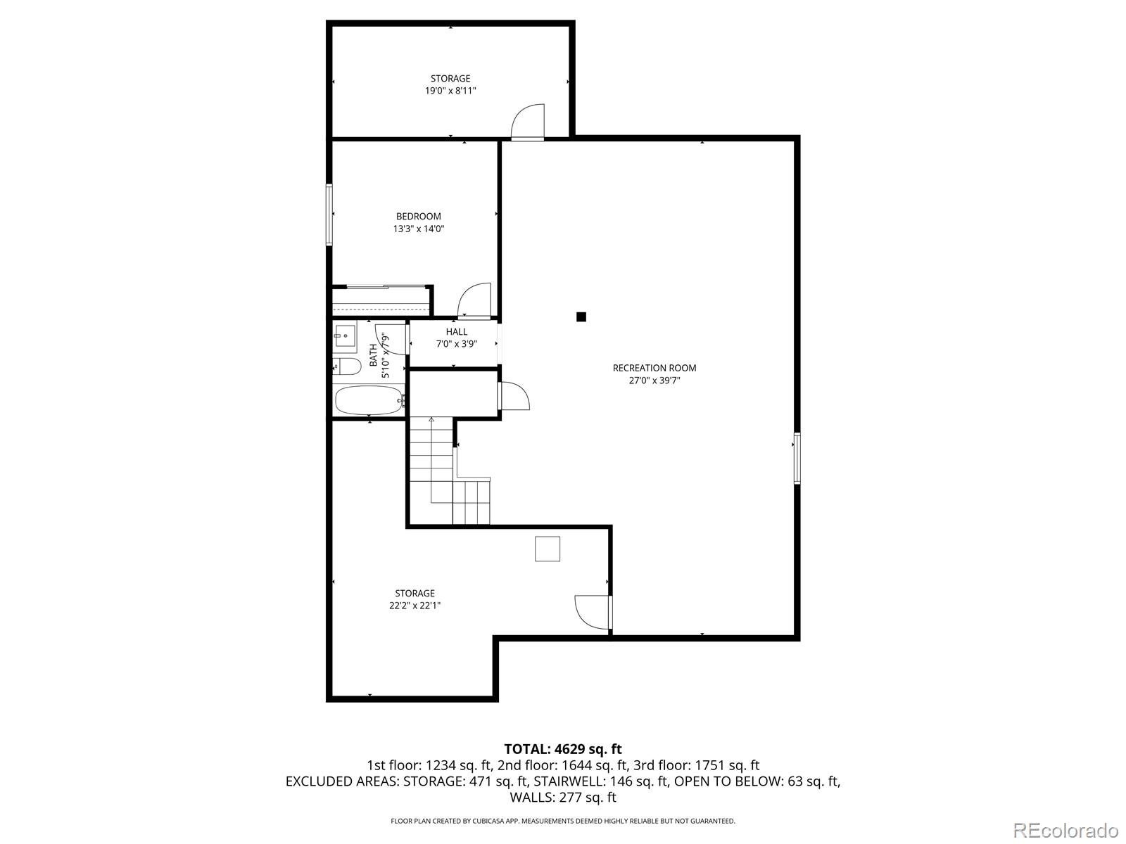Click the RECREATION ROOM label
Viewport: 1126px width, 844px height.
(654, 368)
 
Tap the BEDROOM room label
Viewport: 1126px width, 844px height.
(418, 216)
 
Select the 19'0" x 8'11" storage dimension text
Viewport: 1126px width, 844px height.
(450, 91)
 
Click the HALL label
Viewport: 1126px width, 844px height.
(456, 332)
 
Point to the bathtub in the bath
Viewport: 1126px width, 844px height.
(368, 400)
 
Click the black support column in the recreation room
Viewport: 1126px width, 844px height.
(581, 317)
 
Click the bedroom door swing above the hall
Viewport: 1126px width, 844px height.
(474, 300)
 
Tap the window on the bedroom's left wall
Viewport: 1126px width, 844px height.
(329, 215)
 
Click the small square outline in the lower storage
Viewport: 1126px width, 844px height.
(547, 549)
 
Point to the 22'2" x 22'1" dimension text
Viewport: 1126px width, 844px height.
(415, 606)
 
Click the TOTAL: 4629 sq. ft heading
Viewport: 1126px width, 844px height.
(562, 749)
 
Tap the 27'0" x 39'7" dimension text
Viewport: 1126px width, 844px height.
(654, 381)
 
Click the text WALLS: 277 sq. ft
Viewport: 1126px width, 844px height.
(562, 797)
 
